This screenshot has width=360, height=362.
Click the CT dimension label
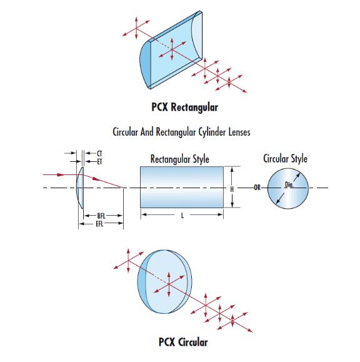click(x=99, y=154)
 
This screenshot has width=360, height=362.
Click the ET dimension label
click(x=99, y=162)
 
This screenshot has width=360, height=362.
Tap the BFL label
click(x=101, y=216)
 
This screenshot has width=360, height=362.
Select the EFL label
click(x=100, y=224)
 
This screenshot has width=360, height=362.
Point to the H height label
click(x=232, y=189)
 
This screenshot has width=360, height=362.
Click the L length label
click(x=182, y=216)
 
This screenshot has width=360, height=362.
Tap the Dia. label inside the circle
click(x=289, y=184)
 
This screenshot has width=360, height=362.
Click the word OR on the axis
click(x=257, y=188)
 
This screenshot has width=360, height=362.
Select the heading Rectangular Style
click(x=180, y=159)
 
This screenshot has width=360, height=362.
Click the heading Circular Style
click(x=285, y=159)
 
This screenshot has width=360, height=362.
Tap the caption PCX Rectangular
click(x=184, y=108)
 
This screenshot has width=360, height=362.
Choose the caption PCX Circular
click(x=183, y=342)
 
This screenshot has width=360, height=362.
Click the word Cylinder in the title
click(x=211, y=132)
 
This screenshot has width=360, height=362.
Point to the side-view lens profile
click(x=80, y=188)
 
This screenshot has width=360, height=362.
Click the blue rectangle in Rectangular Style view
click(x=182, y=187)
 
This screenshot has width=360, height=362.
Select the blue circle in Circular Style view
click(x=288, y=189)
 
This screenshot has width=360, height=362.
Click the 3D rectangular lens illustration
click(x=171, y=49)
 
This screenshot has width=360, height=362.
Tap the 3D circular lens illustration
click(x=164, y=282)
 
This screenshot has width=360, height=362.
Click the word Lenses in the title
click(x=239, y=132)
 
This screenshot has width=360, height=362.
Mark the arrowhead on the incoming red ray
click(x=61, y=174)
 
